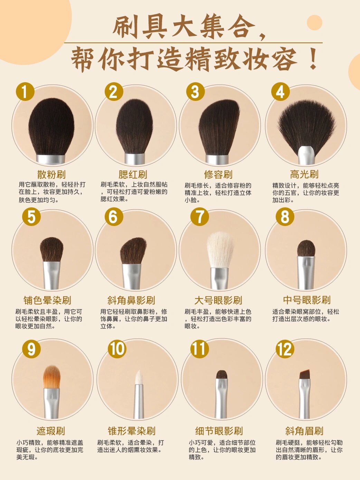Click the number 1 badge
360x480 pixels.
[25, 92]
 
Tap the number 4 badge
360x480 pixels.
[281, 92]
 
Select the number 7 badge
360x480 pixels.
[199, 217]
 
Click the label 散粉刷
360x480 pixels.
[51, 175]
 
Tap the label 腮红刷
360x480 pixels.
[133, 175]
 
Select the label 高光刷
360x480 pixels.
[304, 175]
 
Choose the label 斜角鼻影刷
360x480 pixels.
[131, 300]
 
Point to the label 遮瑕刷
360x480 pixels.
[51, 431]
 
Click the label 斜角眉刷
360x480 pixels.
[304, 431]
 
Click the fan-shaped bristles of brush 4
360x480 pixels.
[307, 125]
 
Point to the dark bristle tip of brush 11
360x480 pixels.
[222, 375]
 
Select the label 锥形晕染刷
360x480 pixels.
[131, 431]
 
